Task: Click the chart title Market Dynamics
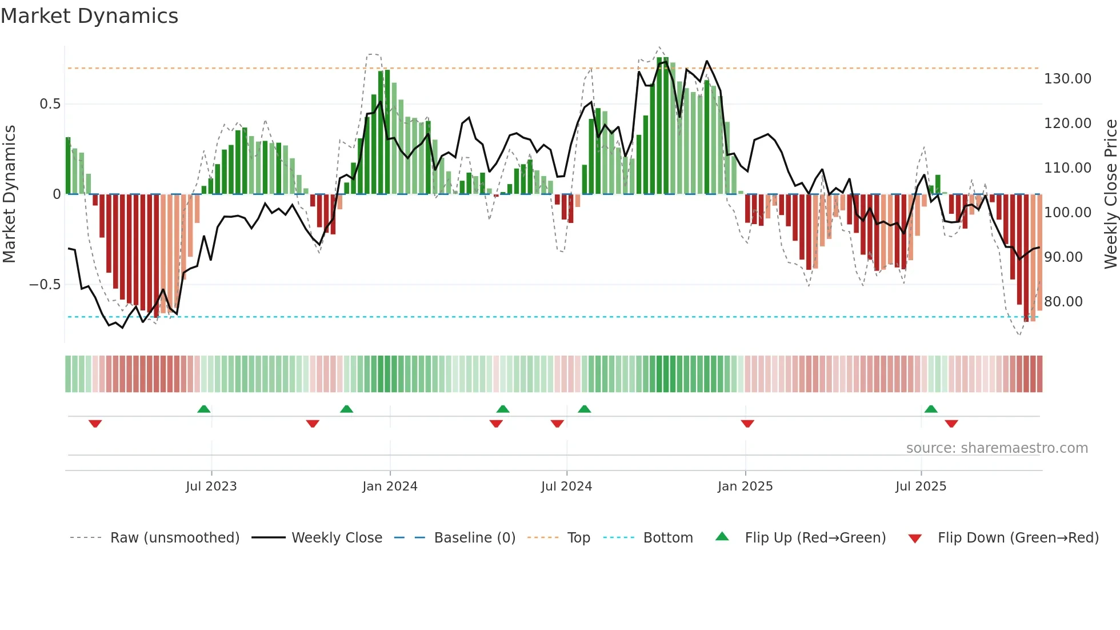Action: click(x=89, y=16)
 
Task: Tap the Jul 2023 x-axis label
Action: click(x=211, y=487)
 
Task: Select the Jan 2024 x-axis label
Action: click(x=390, y=487)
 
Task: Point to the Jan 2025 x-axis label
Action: click(x=745, y=487)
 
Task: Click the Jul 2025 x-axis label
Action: click(x=921, y=487)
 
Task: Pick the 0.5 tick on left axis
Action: click(x=50, y=104)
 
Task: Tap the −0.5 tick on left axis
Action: click(x=45, y=285)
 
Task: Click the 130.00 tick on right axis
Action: click(x=1067, y=79)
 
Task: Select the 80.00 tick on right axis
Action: click(x=1063, y=302)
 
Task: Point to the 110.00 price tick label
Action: click(x=1067, y=168)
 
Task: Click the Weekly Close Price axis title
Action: click(x=1110, y=194)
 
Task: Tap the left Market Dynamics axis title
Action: click(x=9, y=194)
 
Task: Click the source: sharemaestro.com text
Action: click(x=997, y=448)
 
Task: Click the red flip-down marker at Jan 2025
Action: click(x=747, y=424)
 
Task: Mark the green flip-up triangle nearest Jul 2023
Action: click(x=204, y=409)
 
